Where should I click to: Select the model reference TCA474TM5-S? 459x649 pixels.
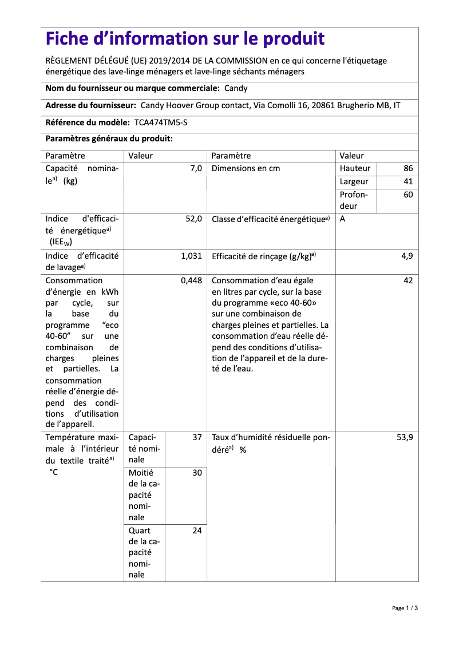(x=161, y=122)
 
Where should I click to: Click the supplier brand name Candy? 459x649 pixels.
(x=236, y=89)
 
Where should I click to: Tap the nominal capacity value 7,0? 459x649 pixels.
(x=196, y=169)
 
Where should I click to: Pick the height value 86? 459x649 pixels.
(x=407, y=169)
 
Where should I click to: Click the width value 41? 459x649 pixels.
(x=407, y=182)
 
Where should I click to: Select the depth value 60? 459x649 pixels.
(x=407, y=195)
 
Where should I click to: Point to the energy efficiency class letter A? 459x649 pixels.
(x=342, y=219)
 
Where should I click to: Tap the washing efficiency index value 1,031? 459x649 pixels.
(x=191, y=256)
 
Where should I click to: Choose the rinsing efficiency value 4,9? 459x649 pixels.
(x=406, y=256)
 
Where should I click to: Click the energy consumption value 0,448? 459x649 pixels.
(x=191, y=281)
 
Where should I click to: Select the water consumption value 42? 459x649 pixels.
(x=407, y=281)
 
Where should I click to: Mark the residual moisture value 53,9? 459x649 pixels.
(x=404, y=438)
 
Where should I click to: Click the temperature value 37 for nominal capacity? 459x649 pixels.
(x=197, y=438)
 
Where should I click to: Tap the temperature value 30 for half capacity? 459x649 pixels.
(x=197, y=473)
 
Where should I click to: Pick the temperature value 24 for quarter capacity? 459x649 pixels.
(x=197, y=531)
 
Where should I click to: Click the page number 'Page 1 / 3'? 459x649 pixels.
(x=405, y=608)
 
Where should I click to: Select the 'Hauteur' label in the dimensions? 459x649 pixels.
(x=355, y=169)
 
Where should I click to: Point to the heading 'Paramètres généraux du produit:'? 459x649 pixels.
(x=109, y=139)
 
